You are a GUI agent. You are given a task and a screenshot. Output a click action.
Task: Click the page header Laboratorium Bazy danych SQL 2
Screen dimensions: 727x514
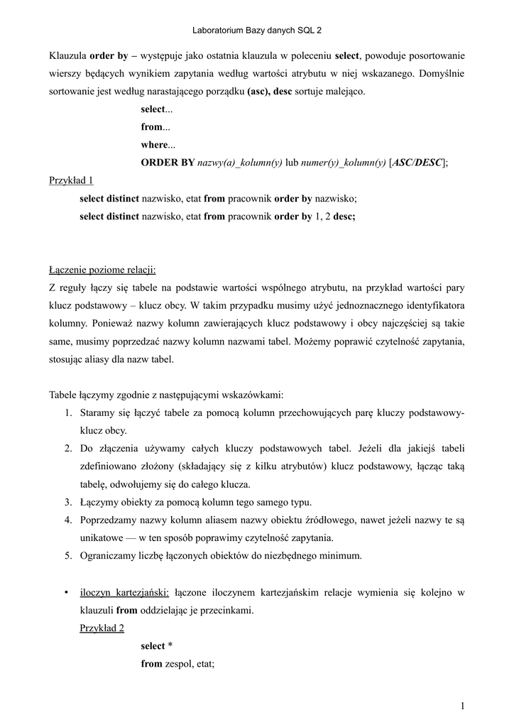click(x=257, y=31)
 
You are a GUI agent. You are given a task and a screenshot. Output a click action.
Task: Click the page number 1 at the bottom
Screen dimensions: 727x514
click(x=462, y=705)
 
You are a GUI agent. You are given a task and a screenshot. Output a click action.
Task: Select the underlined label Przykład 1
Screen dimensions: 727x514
click(x=71, y=180)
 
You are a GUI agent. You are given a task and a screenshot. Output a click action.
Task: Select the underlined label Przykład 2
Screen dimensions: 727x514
click(x=102, y=628)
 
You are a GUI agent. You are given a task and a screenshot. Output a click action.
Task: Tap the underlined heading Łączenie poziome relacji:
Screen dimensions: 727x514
click(x=102, y=270)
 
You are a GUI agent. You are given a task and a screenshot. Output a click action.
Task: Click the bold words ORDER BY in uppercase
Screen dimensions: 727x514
click(x=168, y=163)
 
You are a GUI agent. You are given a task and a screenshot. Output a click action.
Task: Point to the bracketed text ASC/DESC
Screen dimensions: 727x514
click(x=418, y=163)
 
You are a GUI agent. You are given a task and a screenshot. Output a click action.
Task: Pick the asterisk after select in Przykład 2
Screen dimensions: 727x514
click(x=170, y=646)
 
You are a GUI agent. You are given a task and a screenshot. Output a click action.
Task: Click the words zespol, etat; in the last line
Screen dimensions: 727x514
click(x=190, y=664)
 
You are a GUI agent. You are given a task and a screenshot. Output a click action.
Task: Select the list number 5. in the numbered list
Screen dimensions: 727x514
click(x=69, y=556)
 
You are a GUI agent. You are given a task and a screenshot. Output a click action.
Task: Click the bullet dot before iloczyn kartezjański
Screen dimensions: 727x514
click(x=66, y=592)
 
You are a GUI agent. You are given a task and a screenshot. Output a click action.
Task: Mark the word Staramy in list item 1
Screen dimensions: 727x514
click(x=97, y=413)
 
